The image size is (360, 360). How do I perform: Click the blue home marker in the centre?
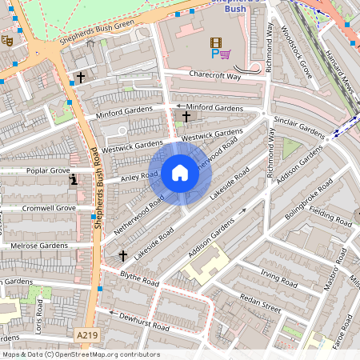(180, 173)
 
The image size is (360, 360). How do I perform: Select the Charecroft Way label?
(214, 75)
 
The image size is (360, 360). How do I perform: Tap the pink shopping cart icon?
(226, 54)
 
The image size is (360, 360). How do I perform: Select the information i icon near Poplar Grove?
(74, 179)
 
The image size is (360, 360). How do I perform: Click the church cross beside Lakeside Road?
(122, 255)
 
